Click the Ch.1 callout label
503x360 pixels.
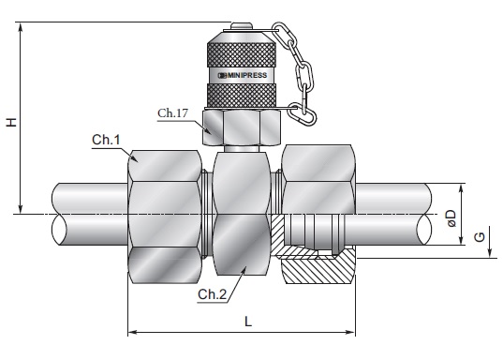tap(106, 140)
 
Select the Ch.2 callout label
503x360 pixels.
tap(212, 294)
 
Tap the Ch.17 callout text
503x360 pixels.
tap(172, 113)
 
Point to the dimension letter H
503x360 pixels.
tap(11, 122)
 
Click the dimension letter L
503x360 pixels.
tap(248, 322)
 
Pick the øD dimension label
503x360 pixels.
tap(451, 218)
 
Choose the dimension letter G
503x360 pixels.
tap(480, 237)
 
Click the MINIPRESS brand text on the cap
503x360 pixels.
tap(246, 75)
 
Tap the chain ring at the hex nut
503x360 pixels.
tap(302, 114)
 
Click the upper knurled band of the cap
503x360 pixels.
tap(242, 54)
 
